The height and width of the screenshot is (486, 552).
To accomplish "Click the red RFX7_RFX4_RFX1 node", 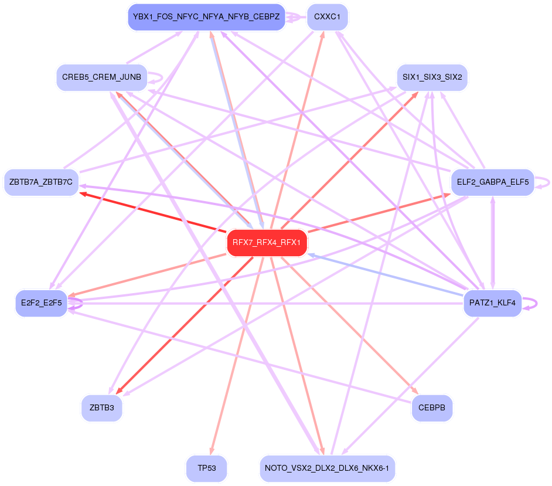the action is [x=267, y=242].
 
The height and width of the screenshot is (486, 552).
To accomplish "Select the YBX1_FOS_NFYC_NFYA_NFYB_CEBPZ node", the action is [x=206, y=17].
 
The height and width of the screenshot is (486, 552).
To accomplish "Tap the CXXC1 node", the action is [x=328, y=17].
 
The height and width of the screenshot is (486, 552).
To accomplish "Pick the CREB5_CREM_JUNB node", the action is [x=101, y=77].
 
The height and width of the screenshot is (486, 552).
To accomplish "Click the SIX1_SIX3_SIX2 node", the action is [x=432, y=77].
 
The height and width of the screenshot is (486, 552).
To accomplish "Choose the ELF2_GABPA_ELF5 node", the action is [x=492, y=182].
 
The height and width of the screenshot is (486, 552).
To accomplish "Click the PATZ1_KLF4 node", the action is [x=492, y=303].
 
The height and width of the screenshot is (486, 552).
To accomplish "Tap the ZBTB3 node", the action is [x=102, y=407].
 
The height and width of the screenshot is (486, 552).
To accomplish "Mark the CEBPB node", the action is [x=432, y=407].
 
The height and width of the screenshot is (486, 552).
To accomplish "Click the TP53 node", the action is [x=206, y=468].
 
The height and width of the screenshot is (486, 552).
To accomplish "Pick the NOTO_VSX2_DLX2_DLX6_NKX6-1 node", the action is [x=328, y=468].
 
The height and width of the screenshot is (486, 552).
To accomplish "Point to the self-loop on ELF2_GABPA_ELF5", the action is [x=545, y=183].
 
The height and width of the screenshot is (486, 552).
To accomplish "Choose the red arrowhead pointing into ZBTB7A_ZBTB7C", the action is [x=83, y=193].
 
